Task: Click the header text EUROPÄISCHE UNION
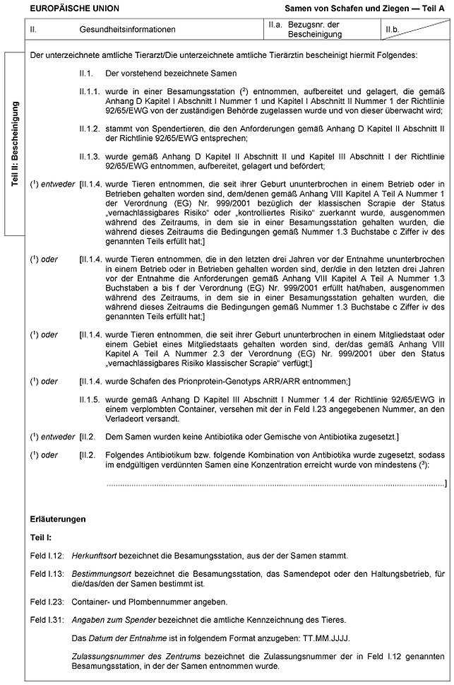70,8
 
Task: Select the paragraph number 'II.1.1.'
90,92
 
